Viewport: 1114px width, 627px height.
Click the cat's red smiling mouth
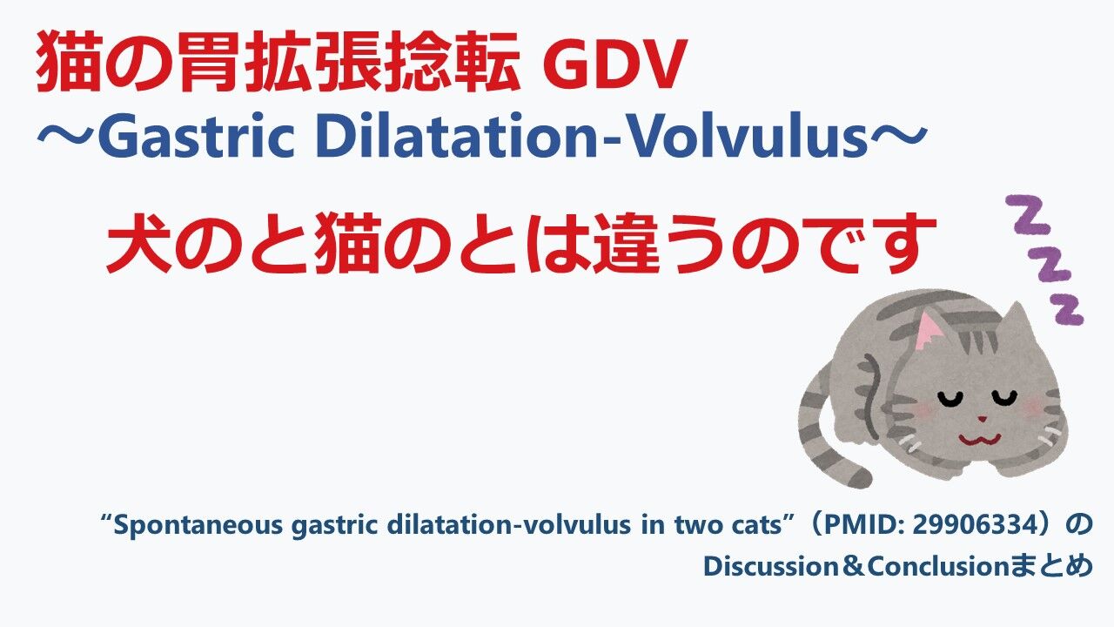coord(979,440)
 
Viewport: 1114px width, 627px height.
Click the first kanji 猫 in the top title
coord(67,61)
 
